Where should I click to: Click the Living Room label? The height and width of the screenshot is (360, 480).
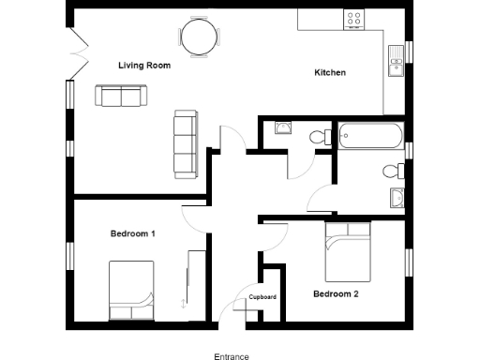143,66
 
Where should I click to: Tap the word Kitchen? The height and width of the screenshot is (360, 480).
330,73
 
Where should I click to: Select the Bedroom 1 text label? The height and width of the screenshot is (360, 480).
132,233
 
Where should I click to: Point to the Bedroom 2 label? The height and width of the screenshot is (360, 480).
336,293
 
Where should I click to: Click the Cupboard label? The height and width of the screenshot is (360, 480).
262,297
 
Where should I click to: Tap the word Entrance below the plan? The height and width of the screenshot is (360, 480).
232,356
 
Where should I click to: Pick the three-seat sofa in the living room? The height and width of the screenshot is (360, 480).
185,144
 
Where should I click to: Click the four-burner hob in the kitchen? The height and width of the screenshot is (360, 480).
355,18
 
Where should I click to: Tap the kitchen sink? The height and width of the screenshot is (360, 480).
395,61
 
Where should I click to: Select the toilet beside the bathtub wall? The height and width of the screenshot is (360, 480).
318,137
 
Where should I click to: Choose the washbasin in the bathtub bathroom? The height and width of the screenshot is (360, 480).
397,198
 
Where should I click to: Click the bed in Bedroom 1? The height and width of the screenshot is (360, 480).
130,290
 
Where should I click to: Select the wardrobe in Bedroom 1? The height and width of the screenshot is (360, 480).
197,279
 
